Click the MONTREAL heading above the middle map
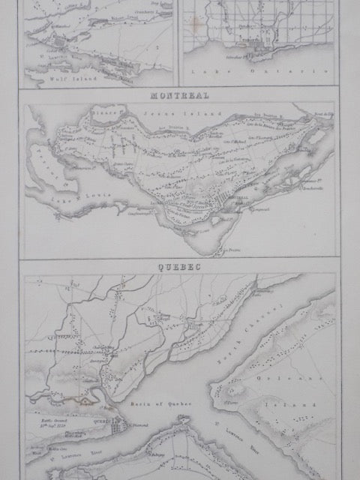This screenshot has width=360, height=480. pyautogui.click(x=179, y=95)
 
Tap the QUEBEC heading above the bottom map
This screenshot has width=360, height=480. pyautogui.click(x=179, y=266)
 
